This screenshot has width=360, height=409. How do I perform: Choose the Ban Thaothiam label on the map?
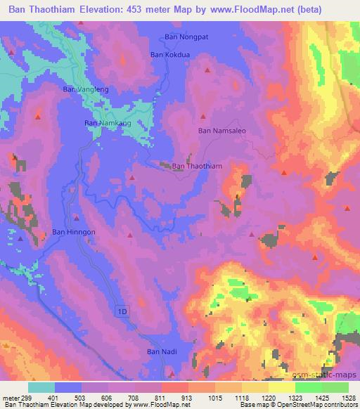197,166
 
